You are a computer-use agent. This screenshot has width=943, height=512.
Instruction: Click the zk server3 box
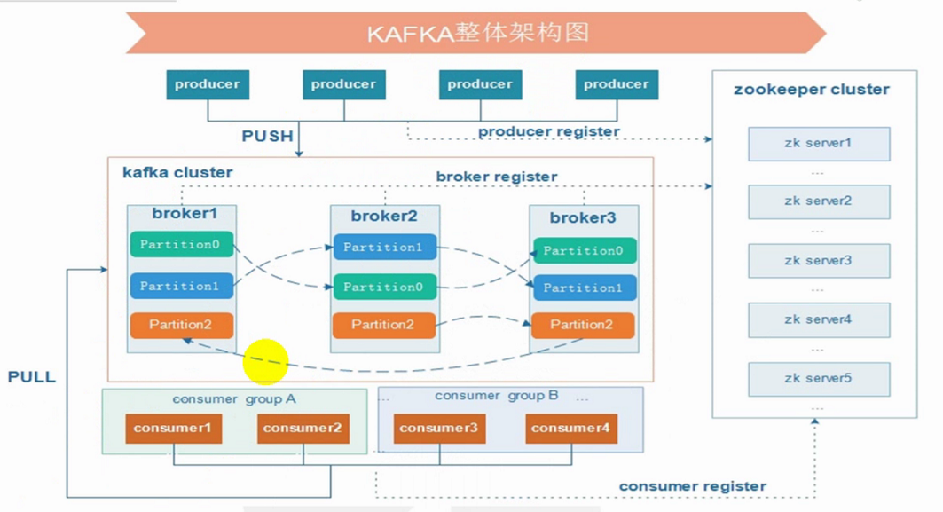pos(818,260)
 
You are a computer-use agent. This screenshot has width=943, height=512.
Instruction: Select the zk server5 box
pos(818,379)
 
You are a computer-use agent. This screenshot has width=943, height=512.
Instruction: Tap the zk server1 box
pos(818,143)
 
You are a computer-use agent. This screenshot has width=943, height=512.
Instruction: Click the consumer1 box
pos(173,429)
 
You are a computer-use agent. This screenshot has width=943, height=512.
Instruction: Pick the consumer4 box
pos(570,429)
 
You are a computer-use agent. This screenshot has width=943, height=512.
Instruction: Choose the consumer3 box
pos(439,429)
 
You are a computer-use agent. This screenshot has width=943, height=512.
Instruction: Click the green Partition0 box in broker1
pos(181,244)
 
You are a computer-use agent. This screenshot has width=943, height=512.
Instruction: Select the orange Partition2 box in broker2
pos(383,325)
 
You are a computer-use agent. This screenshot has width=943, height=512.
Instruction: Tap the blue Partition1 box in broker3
pos(583,288)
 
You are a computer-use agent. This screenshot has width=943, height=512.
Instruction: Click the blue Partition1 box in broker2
pos(383,248)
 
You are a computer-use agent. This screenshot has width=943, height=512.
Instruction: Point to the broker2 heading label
pos(383,216)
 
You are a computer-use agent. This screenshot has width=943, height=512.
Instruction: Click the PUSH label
pos(267,136)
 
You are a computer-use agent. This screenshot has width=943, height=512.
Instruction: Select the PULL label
pos(32,377)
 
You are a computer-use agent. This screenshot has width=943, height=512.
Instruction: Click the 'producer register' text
pos(549,131)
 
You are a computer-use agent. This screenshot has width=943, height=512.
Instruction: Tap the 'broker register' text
pos(497,177)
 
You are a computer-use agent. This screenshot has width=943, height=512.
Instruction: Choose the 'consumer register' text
pos(693,486)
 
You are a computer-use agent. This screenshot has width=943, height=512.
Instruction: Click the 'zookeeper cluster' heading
pos(811,90)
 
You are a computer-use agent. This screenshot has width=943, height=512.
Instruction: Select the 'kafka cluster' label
pos(177,172)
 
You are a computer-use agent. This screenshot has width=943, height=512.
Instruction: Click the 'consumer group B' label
pos(496,396)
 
